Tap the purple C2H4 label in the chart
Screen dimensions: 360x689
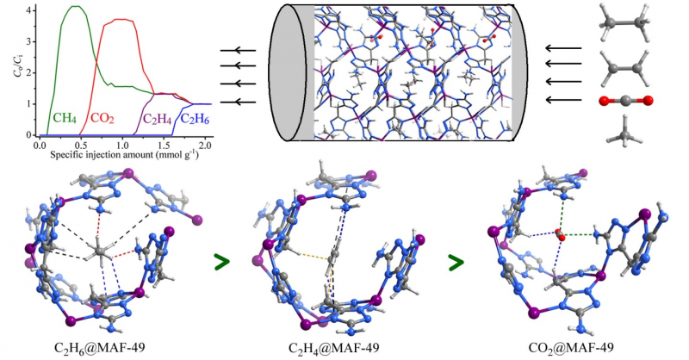[x=157, y=119]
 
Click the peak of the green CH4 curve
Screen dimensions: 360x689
[x=76, y=7]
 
